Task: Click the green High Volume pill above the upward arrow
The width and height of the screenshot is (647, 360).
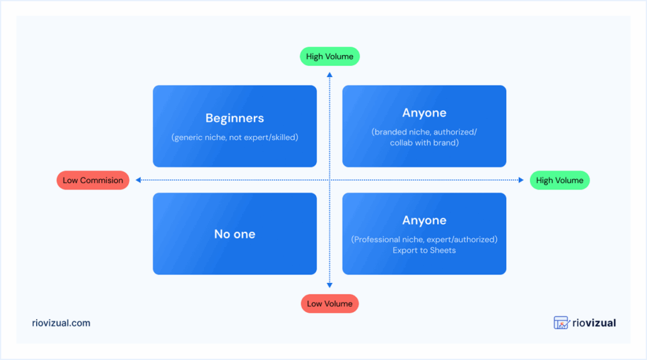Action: pos(329,56)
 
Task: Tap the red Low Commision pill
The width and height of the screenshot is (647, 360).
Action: pos(93,180)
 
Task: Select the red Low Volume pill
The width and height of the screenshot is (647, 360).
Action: pos(329,304)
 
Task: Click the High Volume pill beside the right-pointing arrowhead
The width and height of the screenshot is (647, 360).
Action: pos(560,180)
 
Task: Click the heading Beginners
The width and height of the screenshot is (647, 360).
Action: pos(234,118)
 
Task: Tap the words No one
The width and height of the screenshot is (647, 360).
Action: pos(234,234)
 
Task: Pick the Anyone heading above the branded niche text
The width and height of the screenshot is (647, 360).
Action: pos(424,113)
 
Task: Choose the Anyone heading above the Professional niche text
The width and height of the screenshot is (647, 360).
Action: pos(424,220)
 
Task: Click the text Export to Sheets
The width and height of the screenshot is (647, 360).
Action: pos(424,250)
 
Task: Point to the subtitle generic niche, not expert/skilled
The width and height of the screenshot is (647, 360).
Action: pos(234,137)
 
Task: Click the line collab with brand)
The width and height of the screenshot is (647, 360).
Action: pos(424,143)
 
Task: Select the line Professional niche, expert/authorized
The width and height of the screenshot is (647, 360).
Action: pos(424,239)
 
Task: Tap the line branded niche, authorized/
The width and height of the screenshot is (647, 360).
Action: pos(424,132)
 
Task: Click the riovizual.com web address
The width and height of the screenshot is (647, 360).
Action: pos(61,323)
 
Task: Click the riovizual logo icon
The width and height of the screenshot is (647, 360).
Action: pos(562,323)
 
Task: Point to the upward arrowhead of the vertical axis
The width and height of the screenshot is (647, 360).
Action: pos(329,75)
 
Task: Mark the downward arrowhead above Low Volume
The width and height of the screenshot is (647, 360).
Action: pos(329,285)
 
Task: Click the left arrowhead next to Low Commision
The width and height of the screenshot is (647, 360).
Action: pos(138,180)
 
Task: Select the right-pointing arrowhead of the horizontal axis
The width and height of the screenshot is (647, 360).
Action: pos(521,180)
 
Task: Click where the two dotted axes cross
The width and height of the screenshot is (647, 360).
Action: pos(329,180)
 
